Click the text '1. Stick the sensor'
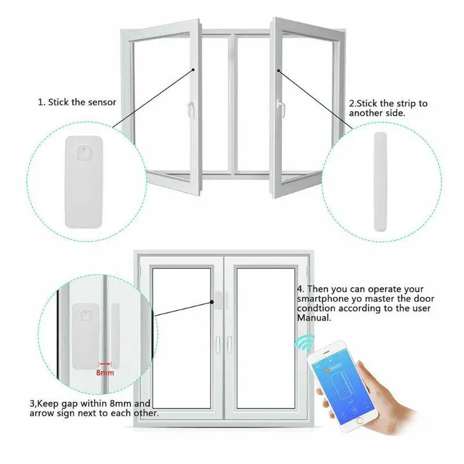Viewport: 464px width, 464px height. click(77, 102)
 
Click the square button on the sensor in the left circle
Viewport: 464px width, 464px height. click(84, 153)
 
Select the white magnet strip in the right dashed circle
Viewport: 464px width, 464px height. click(380, 182)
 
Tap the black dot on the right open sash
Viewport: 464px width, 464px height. click(278, 71)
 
